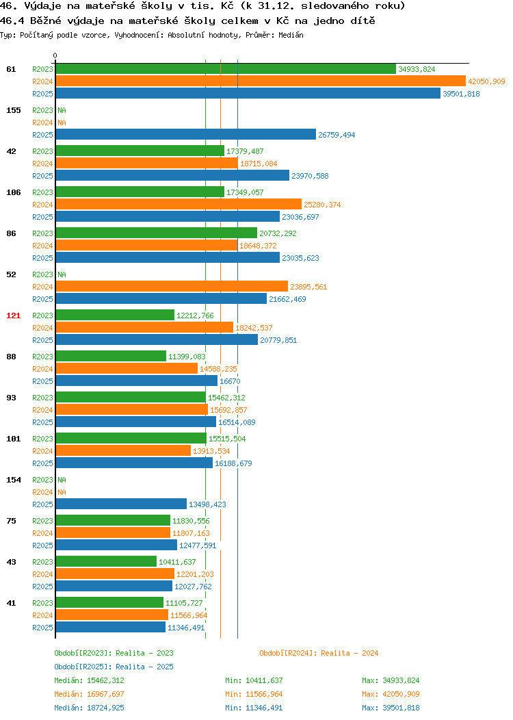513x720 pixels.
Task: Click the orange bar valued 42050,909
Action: click(261, 81)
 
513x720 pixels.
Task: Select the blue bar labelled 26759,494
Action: click(186, 135)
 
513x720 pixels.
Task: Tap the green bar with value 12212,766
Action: click(115, 315)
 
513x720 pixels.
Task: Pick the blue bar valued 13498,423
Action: click(121, 504)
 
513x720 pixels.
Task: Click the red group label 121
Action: click(13, 316)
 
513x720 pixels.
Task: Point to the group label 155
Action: click(13, 110)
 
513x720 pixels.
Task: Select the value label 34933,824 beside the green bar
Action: click(417, 69)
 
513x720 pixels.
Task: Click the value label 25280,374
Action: click(322, 205)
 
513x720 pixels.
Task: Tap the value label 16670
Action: click(230, 381)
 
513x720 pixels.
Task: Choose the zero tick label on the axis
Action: click(55, 56)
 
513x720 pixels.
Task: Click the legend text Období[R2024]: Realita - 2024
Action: click(319, 653)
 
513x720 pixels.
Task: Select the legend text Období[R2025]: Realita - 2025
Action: click(114, 667)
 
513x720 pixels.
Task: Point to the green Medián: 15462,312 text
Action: click(89, 680)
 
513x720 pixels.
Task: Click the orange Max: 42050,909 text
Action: click(391, 694)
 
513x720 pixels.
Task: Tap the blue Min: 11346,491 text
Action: click(254, 708)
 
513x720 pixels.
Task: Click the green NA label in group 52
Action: click(62, 274)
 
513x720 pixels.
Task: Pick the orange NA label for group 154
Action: click(62, 492)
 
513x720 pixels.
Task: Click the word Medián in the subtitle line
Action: click(291, 35)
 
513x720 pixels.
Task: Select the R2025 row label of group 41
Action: click(42, 628)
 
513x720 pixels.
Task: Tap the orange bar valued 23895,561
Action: click(172, 287)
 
